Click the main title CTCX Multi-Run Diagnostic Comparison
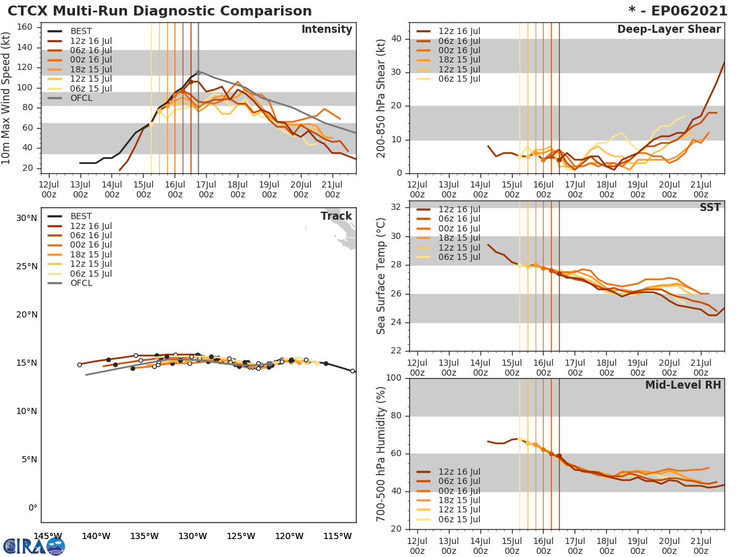(160, 11)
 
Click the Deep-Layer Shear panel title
(669, 30)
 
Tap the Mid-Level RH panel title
(683, 385)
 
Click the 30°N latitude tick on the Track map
(27, 218)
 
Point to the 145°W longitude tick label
(48, 536)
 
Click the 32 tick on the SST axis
(396, 207)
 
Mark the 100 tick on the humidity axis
(393, 378)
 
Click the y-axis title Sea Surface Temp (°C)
(381, 276)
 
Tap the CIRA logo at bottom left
(34, 546)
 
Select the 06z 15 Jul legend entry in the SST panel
(458, 257)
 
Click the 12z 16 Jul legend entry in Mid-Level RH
(458, 472)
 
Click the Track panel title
(336, 216)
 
